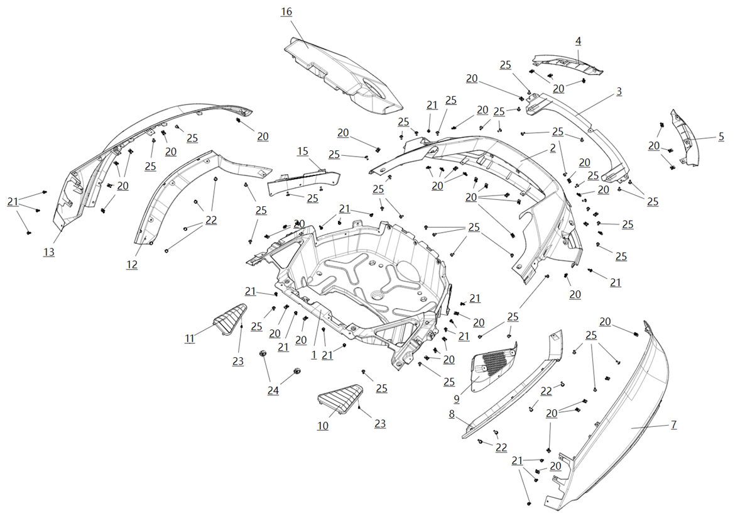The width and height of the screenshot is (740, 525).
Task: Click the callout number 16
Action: (286, 12)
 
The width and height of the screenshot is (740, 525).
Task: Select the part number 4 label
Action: (578, 41)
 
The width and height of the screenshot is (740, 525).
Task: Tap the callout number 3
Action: (619, 92)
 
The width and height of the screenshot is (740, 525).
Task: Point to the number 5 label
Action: (721, 137)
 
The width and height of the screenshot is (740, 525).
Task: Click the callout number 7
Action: (674, 424)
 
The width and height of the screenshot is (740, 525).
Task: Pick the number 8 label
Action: (452, 414)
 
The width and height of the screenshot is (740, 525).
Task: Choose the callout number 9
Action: (456, 399)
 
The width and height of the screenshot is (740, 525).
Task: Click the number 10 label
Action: (323, 426)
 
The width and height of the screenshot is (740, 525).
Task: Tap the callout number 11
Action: (190, 339)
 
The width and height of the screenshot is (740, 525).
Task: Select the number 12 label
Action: (132, 265)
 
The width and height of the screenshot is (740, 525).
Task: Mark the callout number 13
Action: (49, 252)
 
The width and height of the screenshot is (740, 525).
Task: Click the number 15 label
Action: (303, 152)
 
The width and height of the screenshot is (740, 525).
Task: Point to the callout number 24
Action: (273, 391)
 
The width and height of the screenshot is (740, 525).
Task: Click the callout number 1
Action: (314, 355)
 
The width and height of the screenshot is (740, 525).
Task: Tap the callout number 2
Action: (553, 148)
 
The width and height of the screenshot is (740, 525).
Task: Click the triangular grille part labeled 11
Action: (230, 319)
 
